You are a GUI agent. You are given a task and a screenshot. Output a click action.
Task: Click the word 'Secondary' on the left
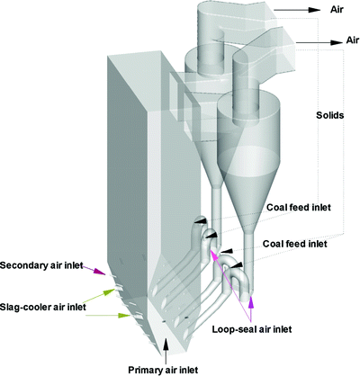coord(26,265)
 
